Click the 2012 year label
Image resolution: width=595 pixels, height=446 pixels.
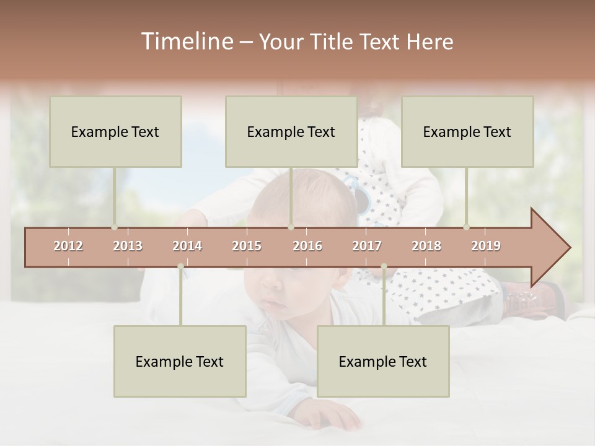[x=68, y=246]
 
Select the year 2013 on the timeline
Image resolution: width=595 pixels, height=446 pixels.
[x=128, y=246]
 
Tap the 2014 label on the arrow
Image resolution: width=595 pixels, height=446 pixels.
[x=187, y=246]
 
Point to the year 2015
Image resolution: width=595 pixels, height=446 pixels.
[x=247, y=246]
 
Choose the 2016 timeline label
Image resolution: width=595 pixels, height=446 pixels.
[x=307, y=246]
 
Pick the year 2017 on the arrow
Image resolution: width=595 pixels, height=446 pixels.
[x=367, y=246]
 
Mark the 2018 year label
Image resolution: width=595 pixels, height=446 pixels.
[x=426, y=246]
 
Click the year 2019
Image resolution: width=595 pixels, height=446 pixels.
[x=486, y=246]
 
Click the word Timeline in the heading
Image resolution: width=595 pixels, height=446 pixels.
[x=186, y=42]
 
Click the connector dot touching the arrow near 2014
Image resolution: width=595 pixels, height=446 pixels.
[x=180, y=266]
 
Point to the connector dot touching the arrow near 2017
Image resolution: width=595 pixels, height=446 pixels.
[x=384, y=266]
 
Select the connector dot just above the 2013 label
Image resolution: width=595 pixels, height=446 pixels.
[x=114, y=227]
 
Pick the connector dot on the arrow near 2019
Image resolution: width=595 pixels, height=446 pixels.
[x=466, y=227]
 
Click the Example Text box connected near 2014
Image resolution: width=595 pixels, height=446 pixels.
[x=180, y=361]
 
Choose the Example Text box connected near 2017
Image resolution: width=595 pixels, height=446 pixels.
[x=383, y=361]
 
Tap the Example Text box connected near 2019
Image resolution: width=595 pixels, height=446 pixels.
[x=467, y=131]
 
